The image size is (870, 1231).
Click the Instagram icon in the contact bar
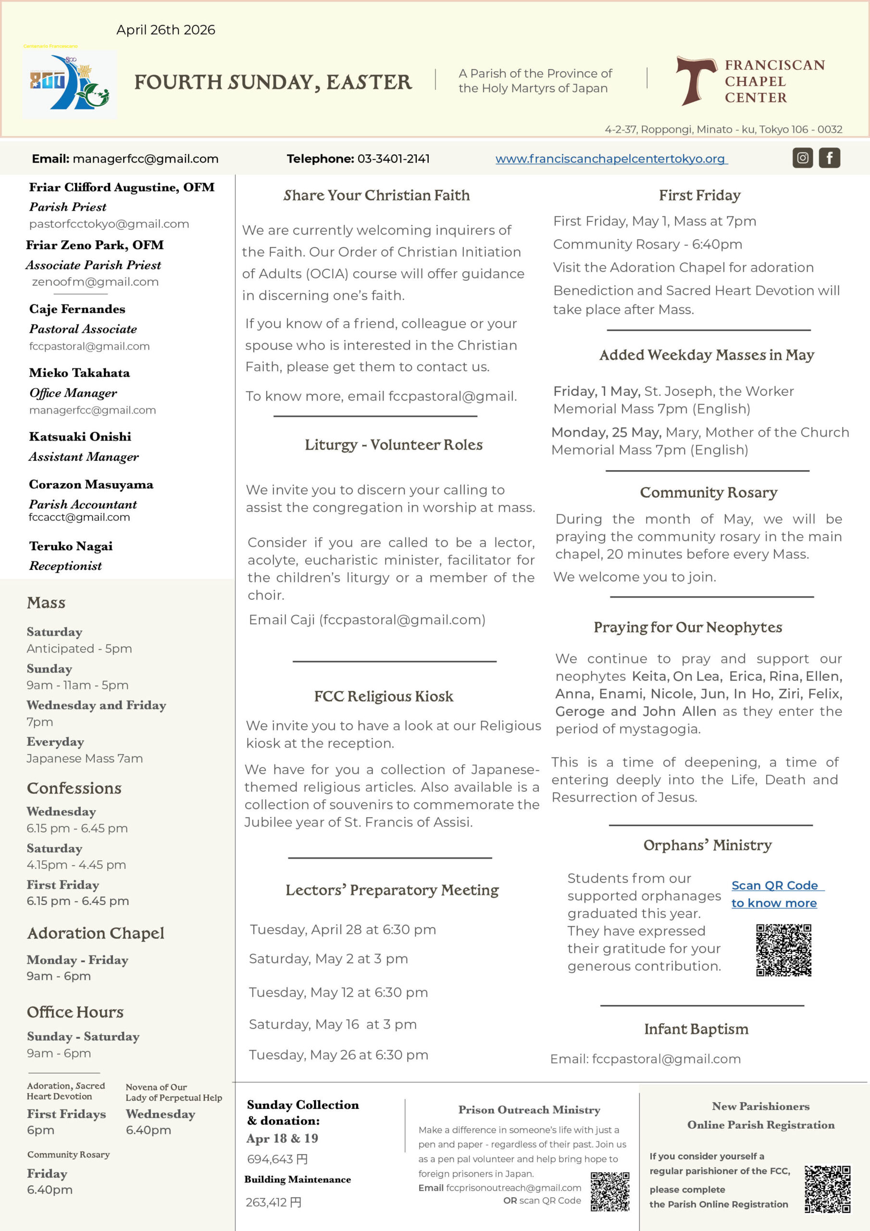click(x=802, y=158)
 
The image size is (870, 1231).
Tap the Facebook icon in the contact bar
click(x=829, y=158)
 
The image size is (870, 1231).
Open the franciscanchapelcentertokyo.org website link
click(x=611, y=159)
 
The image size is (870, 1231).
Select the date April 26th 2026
click(x=166, y=30)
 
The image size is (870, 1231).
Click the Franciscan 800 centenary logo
click(x=70, y=84)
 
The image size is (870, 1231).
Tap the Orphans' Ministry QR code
click(x=783, y=950)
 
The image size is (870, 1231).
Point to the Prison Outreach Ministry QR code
click(x=609, y=1191)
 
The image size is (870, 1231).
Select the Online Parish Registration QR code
click(x=827, y=1189)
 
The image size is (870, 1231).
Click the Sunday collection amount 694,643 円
click(x=277, y=1159)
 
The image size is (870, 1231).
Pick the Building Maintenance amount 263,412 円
click(x=273, y=1202)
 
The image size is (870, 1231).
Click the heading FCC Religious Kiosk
click(x=383, y=696)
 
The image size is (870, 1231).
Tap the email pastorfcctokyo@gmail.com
click(x=109, y=224)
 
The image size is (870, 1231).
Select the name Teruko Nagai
click(x=71, y=546)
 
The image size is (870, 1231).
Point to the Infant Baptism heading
click(x=696, y=1029)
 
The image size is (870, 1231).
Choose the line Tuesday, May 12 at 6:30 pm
click(x=338, y=992)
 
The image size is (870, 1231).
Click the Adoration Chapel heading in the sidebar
click(x=96, y=933)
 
